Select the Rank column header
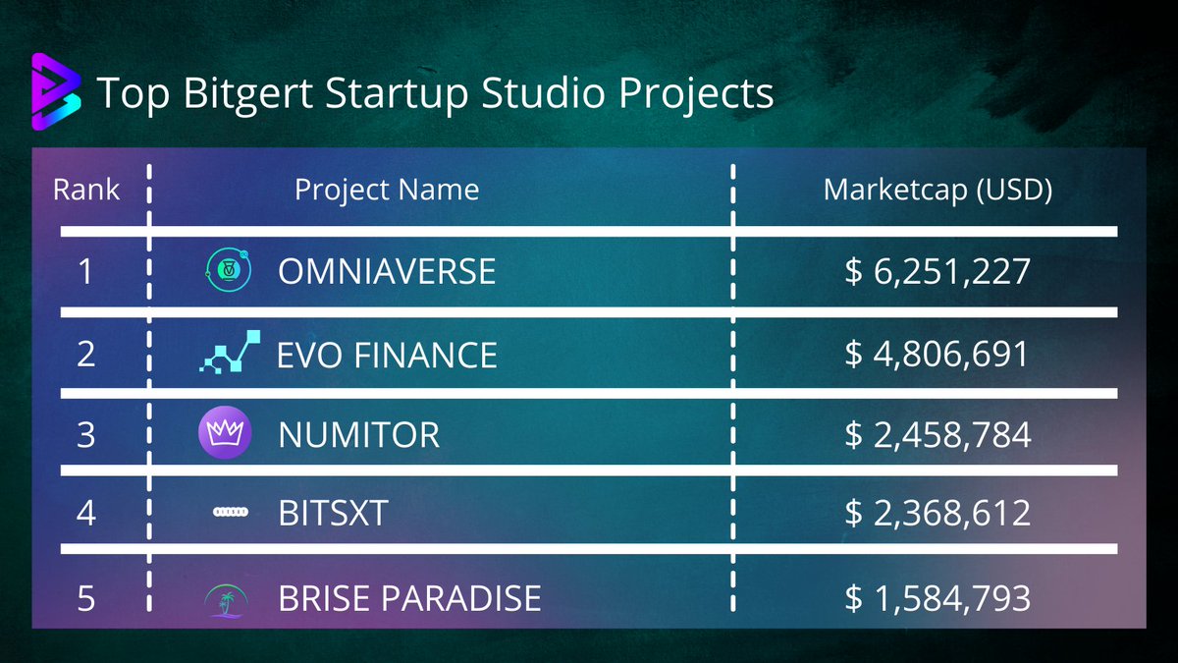(x=86, y=189)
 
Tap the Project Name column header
(x=387, y=189)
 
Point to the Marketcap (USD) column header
(x=937, y=190)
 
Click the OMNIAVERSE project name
(x=387, y=271)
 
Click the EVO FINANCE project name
(x=388, y=355)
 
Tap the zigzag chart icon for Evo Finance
(x=230, y=353)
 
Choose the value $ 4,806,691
(x=937, y=355)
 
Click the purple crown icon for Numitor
(x=225, y=433)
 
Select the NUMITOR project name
(x=359, y=434)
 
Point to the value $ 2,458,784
(x=937, y=434)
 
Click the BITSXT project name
(x=334, y=513)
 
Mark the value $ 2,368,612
(x=937, y=513)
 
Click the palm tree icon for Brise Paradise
(x=227, y=599)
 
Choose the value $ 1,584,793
(x=937, y=597)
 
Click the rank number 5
(x=86, y=597)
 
